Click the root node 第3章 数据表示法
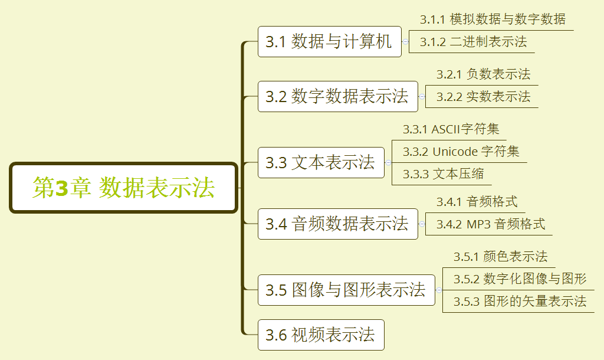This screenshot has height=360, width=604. (123, 188)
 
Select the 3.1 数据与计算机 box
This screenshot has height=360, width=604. (329, 42)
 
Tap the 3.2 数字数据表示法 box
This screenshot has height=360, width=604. (337, 96)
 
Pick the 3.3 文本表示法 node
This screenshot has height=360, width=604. (321, 162)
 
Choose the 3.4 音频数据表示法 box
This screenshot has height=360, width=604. (337, 224)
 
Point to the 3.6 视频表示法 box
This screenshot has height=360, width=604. (321, 335)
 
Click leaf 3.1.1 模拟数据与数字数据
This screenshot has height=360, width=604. (493, 19)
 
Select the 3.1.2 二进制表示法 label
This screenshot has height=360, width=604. (473, 42)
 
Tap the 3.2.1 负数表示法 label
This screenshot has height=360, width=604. (483, 74)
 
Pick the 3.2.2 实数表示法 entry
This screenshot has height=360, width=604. (483, 97)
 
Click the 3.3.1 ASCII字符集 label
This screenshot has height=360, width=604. (451, 129)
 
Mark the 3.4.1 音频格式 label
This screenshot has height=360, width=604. (477, 202)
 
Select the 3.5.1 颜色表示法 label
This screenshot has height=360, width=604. (500, 257)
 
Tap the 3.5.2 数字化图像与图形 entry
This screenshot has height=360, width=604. (520, 279)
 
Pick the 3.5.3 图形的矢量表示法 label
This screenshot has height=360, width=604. (520, 302)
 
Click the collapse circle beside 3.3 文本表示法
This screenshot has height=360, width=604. (388, 162)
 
